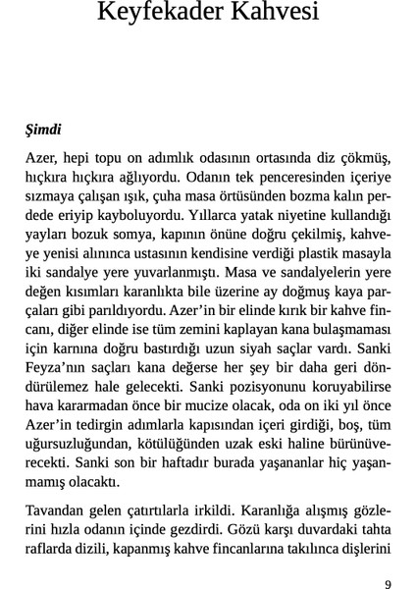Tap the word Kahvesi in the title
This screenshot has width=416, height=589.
283,15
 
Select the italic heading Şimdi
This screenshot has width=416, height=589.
44,129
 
